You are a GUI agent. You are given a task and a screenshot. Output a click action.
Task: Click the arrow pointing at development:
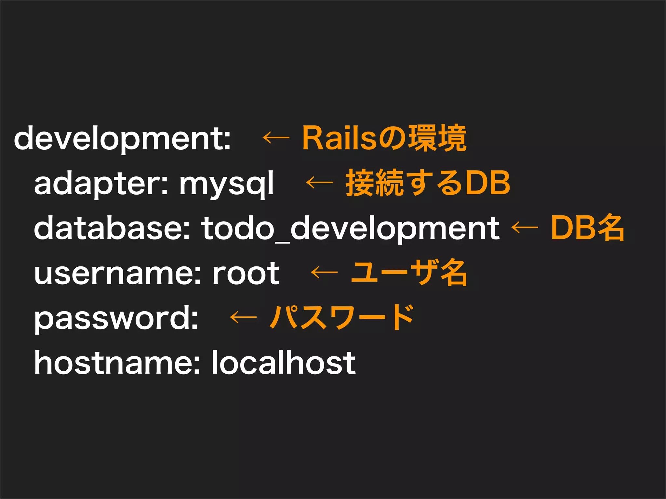point(276,138)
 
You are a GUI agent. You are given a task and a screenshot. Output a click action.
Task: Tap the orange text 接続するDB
point(428,183)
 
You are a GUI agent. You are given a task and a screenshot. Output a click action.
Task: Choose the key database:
point(112,228)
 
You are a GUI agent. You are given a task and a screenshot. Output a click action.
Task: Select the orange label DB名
point(587,228)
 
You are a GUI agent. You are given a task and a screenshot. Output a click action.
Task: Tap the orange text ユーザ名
point(409,273)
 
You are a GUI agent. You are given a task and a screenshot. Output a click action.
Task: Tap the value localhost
point(284,363)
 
